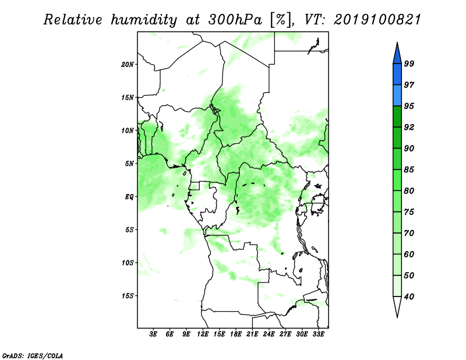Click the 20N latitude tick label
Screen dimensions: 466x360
[x=128, y=65]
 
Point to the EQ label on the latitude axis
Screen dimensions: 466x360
[x=129, y=197]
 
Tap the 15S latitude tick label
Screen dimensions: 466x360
[x=128, y=296]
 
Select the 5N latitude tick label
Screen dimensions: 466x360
[x=129, y=164]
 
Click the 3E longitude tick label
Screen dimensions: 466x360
[x=153, y=334]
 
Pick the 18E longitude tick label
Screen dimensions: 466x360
[x=236, y=334]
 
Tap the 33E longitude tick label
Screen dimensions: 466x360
[x=318, y=334]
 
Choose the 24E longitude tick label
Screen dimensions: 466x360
[x=269, y=334]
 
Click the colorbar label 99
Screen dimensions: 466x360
[x=409, y=63]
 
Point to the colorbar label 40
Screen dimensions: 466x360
[x=409, y=297]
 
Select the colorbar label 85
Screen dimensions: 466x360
[x=409, y=170]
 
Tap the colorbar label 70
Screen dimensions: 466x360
[x=409, y=233]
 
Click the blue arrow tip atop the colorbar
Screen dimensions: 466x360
[x=397, y=43]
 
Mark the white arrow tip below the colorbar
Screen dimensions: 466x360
[x=397, y=317]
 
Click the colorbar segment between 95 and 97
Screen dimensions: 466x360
[x=397, y=96]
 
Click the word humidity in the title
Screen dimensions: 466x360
[x=144, y=20]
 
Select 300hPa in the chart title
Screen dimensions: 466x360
[x=235, y=20]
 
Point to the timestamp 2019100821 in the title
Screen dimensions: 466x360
[x=377, y=20]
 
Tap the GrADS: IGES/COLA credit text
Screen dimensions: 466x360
[x=33, y=355]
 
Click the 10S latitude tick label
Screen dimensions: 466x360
[x=128, y=263]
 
